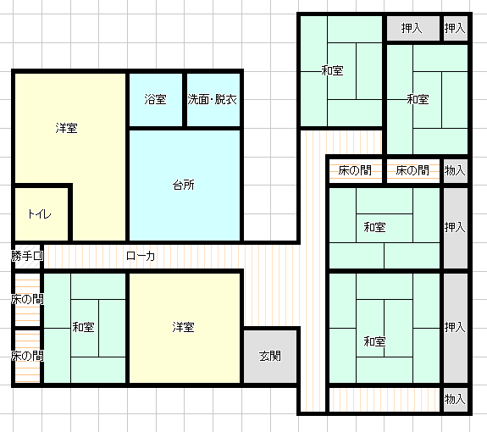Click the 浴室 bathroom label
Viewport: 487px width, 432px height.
tap(155, 99)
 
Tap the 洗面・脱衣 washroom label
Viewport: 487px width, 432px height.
tap(212, 99)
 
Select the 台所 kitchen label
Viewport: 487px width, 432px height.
tap(184, 185)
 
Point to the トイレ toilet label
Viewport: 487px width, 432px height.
tap(40, 214)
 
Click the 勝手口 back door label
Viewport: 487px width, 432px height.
tap(27, 256)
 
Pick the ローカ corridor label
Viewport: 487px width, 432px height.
tap(141, 256)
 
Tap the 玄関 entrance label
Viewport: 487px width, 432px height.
tap(270, 357)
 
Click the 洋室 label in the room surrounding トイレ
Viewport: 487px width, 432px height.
tap(66, 128)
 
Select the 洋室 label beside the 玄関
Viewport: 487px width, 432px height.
tap(184, 327)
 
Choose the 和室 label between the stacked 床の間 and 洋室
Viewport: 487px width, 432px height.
tap(83, 327)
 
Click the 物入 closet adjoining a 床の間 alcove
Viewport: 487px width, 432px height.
tap(455, 170)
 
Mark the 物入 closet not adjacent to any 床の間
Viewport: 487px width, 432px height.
tap(455, 399)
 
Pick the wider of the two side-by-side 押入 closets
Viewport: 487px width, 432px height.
tap(412, 28)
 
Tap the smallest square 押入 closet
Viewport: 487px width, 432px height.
tap(455, 28)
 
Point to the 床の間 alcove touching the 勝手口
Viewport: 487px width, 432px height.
tap(27, 299)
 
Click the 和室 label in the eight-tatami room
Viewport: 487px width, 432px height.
tap(375, 341)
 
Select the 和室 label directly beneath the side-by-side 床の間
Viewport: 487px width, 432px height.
tap(375, 227)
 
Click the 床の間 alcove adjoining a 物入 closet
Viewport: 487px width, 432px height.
tap(412, 170)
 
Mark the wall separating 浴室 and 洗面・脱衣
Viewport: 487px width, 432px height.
tap(185, 99)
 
